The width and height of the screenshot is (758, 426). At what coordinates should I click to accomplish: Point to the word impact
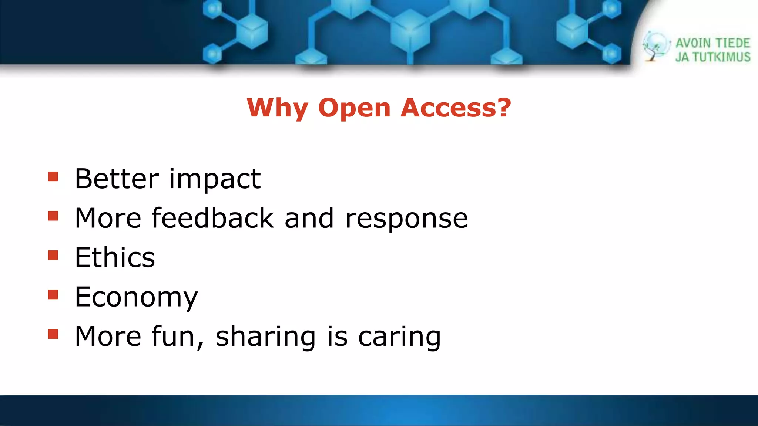215,179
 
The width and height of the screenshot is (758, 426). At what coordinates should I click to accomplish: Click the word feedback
213,218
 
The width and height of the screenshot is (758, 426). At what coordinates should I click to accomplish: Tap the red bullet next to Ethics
53,255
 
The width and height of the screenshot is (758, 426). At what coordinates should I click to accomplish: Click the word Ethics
115,257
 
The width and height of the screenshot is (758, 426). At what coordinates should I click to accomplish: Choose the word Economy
136,297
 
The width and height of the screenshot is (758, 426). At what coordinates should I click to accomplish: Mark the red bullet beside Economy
53,294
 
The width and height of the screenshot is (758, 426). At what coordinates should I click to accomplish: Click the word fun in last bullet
173,336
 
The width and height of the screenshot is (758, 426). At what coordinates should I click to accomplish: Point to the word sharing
265,337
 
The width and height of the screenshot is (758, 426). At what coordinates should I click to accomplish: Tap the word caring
399,337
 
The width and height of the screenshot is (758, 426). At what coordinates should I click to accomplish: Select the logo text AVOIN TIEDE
712,43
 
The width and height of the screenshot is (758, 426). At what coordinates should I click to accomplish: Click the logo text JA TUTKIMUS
712,57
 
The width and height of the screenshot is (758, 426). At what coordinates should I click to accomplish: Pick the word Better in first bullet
117,179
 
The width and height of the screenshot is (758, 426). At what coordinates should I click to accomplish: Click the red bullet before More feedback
53,216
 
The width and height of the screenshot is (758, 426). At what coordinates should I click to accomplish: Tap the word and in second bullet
309,218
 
